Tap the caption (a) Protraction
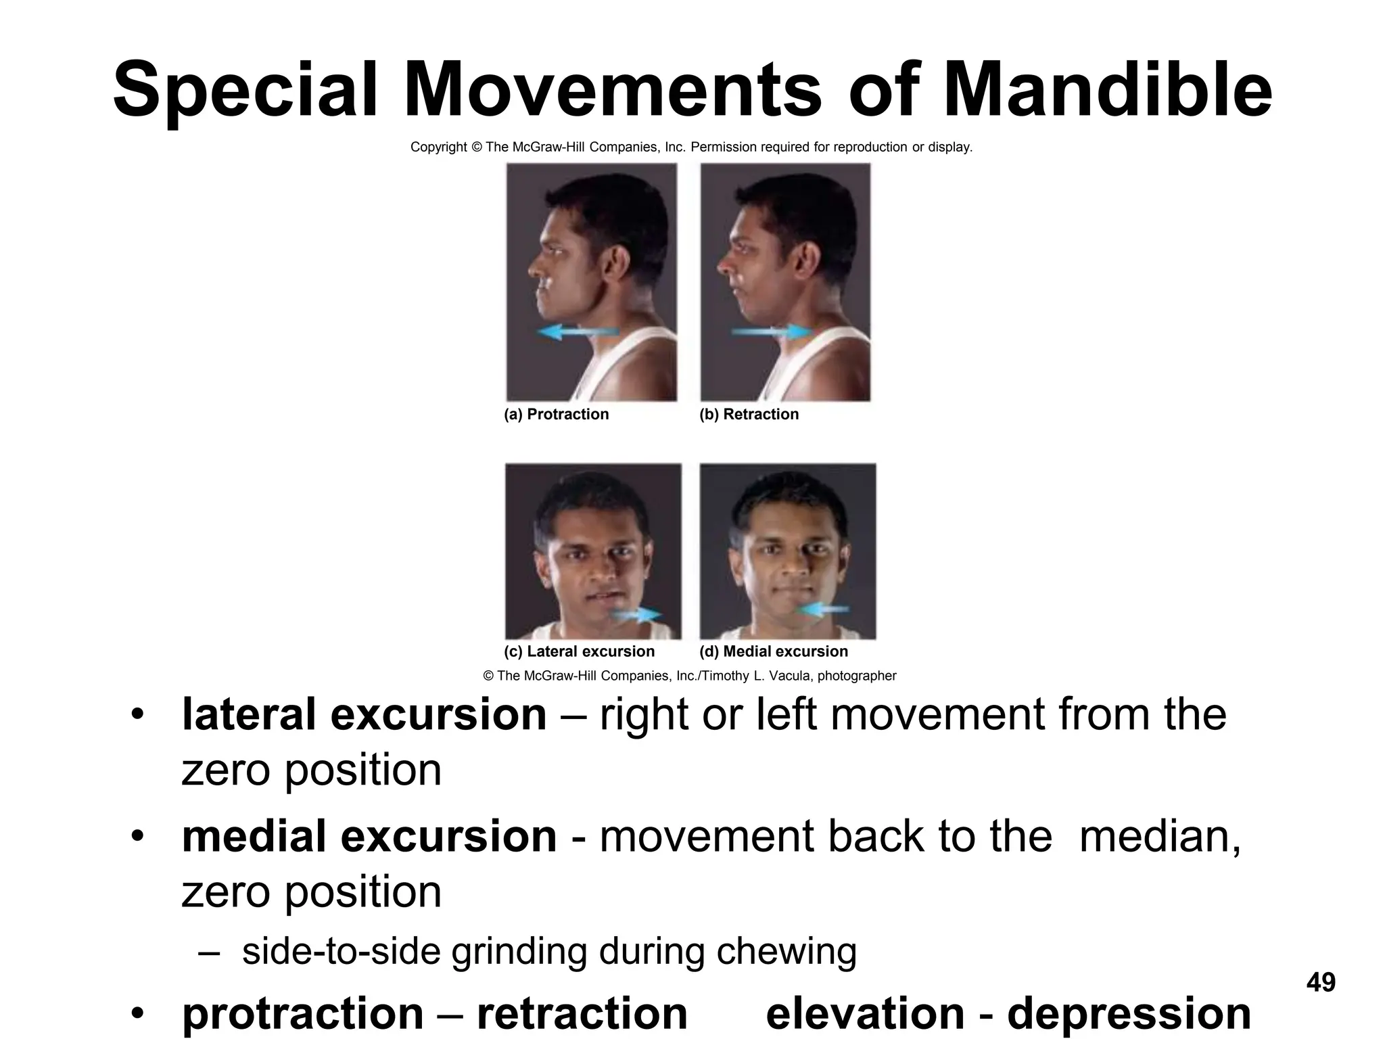point(556,414)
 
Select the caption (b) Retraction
point(749,414)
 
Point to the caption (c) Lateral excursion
point(579,651)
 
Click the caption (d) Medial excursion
point(773,651)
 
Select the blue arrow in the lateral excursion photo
point(636,614)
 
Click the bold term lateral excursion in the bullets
point(364,714)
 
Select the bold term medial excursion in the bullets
point(369,836)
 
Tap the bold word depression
point(1129,1013)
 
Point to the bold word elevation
point(864,1013)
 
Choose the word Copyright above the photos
point(438,147)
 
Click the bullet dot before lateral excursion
point(138,716)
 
